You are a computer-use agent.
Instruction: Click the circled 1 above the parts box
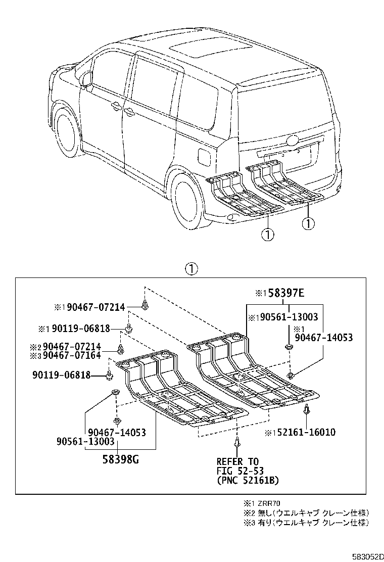pos(191,268)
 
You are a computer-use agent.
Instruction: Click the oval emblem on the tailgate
pos(294,141)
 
